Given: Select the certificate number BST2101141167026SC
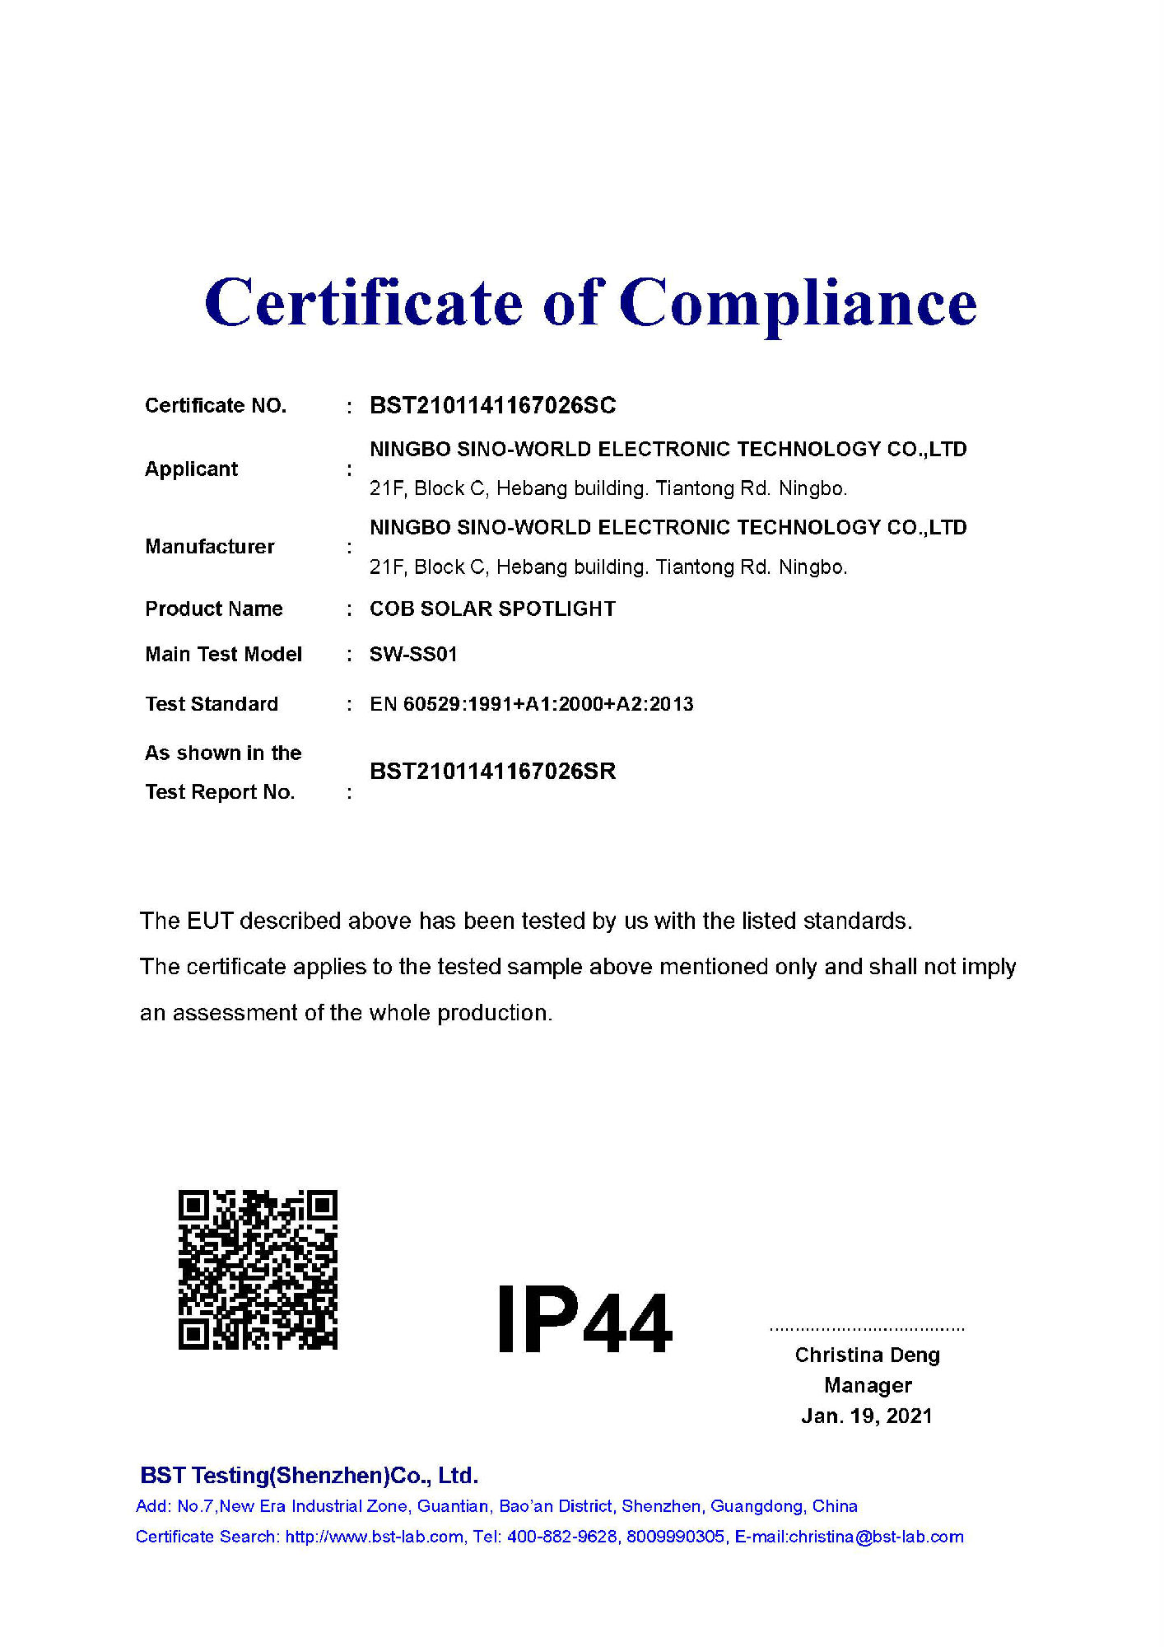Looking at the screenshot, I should coord(492,405).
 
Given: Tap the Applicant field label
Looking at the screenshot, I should coord(191,469).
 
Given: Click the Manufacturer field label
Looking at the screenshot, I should coord(209,547).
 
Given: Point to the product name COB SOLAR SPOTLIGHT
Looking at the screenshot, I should coord(492,609).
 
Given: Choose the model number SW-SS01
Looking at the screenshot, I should coord(413,654).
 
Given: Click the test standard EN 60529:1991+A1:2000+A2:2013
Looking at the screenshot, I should coord(531,704).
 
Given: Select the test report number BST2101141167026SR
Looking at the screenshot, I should coord(492,771).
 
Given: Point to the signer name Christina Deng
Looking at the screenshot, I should coord(867,1355).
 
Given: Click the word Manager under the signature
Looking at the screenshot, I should coord(868,1385).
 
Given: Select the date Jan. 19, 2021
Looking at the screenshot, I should coord(867,1416).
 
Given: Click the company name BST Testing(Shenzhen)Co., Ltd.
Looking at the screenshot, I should coord(309,1475).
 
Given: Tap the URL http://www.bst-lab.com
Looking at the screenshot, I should coord(374,1537).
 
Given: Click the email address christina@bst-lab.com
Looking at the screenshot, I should coord(876,1537).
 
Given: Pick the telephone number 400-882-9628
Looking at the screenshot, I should coord(561,1537).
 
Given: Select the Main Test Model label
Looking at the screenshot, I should coord(223,654).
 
